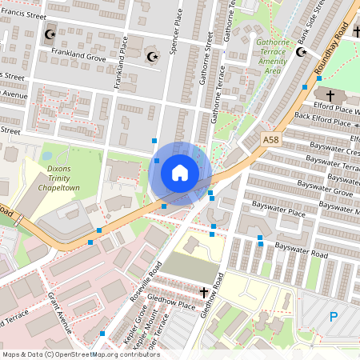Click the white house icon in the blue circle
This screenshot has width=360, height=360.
pos(180,172)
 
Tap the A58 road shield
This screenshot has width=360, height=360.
pos(273,139)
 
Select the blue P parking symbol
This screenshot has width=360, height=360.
pos(334,317)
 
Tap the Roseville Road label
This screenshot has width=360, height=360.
pos(146,280)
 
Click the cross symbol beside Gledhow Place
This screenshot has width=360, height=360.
pos(204,293)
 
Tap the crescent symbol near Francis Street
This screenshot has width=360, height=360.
pos(50,34)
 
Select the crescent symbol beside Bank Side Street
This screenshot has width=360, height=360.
pos(302,52)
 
